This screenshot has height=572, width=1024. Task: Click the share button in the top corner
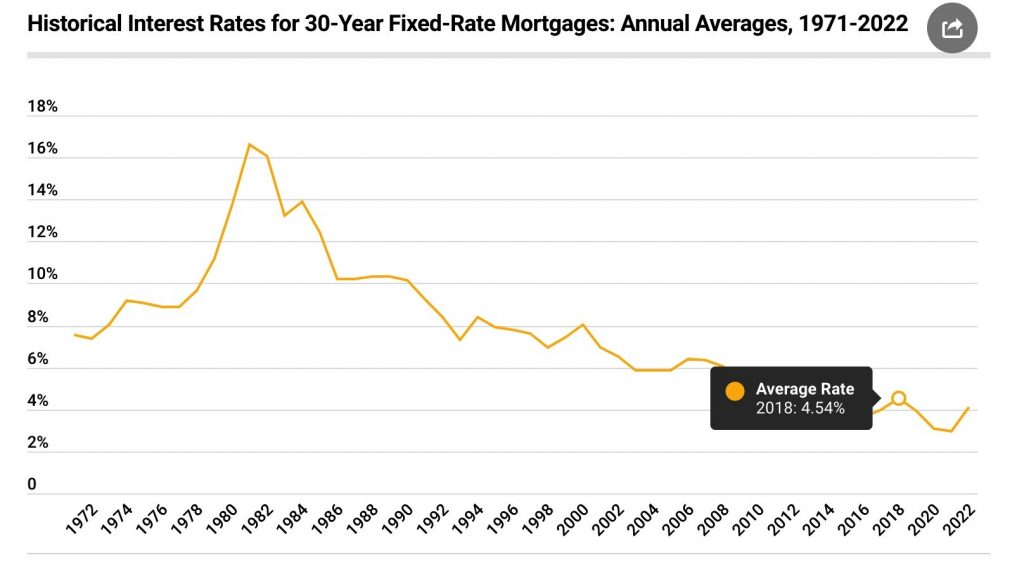point(952,28)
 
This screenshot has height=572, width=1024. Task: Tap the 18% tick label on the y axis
point(43,107)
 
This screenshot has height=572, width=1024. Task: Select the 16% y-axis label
point(43,149)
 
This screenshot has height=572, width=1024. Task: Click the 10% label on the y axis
point(43,275)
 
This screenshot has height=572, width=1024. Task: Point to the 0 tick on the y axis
point(32,485)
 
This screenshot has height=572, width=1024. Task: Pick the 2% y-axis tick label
point(39,443)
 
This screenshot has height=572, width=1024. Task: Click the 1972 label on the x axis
point(82,521)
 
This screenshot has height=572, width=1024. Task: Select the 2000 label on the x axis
point(571,521)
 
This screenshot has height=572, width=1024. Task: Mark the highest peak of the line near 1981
point(249,144)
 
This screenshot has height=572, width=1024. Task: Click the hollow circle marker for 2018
point(899,398)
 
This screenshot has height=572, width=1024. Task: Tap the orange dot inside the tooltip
point(735,392)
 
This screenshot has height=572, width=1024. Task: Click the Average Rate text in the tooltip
point(805,389)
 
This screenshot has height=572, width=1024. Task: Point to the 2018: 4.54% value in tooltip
point(800,408)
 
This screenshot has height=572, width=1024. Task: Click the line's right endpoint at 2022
point(968,408)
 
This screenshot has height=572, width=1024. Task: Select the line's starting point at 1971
point(74,335)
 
